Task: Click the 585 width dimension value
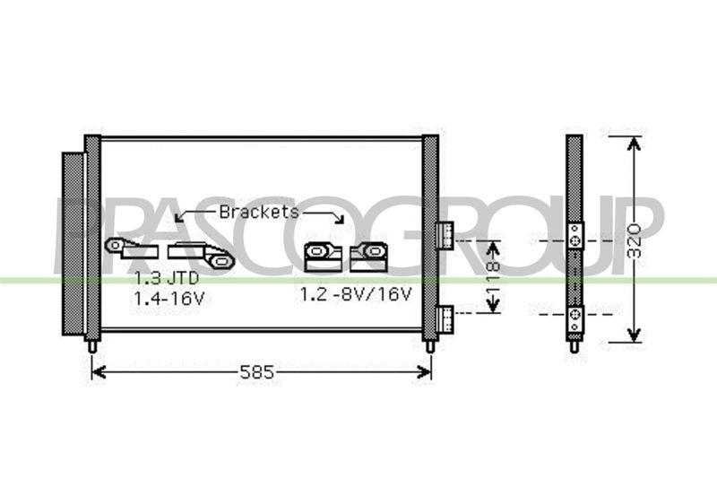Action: tap(257, 372)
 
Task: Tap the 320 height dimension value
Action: tap(634, 241)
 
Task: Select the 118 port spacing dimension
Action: tap(493, 278)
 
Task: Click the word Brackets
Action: tap(259, 212)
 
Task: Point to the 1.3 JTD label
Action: tap(167, 278)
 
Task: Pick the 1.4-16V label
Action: tap(169, 299)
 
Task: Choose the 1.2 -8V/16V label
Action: tap(356, 294)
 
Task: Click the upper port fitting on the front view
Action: tap(445, 235)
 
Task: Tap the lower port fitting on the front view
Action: tap(445, 318)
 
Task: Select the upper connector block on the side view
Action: tap(574, 236)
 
